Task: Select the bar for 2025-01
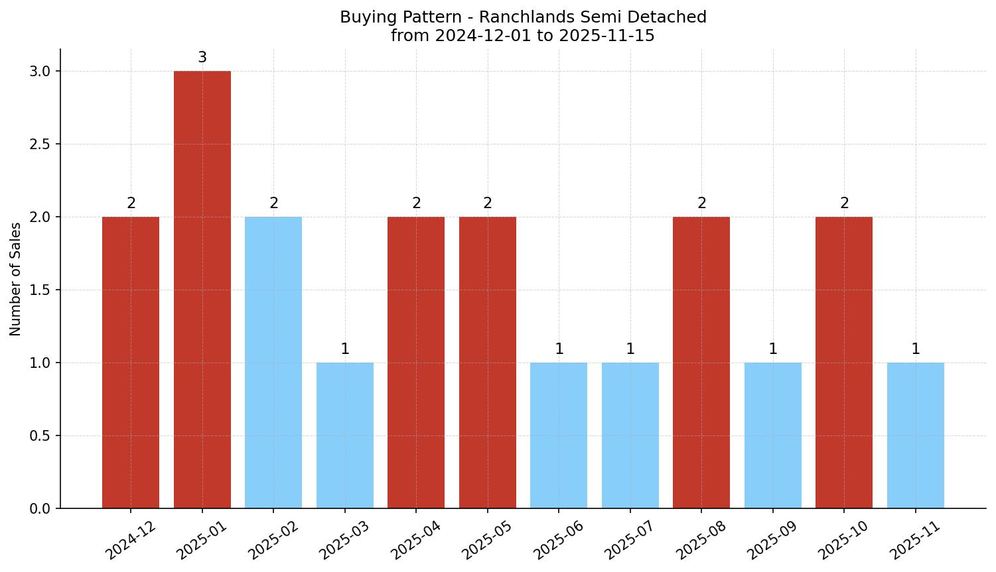point(202,290)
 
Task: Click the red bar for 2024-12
point(131,363)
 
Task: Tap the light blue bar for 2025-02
point(273,363)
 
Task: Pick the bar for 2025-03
point(345,435)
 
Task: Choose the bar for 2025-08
point(701,363)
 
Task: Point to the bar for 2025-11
point(916,435)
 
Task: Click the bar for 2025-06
point(559,435)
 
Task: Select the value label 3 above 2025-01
point(202,58)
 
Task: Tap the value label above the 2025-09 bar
point(773,349)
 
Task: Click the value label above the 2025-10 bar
point(845,203)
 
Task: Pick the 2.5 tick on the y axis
point(40,144)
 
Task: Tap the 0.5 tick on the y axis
point(40,436)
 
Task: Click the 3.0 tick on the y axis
point(40,72)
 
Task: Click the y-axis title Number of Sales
point(16,279)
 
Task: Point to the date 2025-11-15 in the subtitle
point(606,36)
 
